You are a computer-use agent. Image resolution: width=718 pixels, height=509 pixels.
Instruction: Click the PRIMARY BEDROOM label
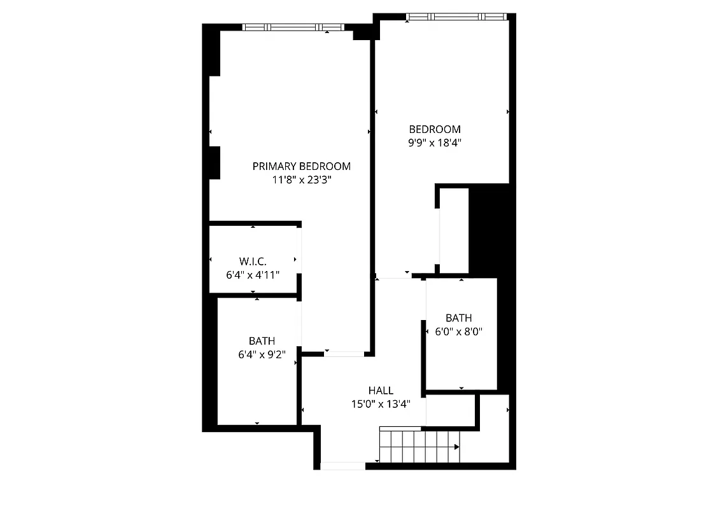coord(301,167)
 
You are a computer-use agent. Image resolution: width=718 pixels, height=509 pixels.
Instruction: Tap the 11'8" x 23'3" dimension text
coord(301,180)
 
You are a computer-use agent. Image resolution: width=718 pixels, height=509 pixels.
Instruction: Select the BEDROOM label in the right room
coord(434,130)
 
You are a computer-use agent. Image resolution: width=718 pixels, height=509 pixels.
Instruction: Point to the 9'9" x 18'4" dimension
coord(434,143)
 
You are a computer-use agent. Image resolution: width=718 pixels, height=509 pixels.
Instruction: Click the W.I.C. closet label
coord(253,261)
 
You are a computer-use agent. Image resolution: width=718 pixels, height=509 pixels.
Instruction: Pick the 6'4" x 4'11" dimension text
coord(253,275)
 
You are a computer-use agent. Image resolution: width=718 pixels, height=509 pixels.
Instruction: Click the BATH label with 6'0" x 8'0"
coord(458,318)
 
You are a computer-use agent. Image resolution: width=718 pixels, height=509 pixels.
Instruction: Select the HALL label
coord(381,391)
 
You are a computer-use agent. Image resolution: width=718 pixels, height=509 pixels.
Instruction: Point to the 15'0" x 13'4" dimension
coord(381,404)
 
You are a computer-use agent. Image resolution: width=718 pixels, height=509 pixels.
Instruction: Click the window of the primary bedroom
coord(293,28)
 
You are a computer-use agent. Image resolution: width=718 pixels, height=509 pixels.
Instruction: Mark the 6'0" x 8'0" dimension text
coord(458,331)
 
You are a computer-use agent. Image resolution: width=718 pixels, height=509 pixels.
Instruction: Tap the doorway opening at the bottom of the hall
coord(342,466)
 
